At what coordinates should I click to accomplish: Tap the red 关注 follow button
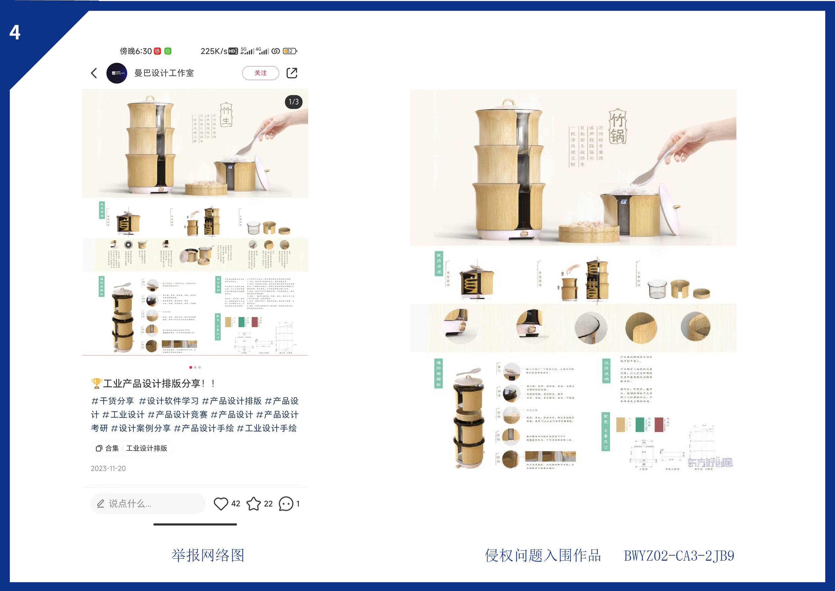pyautogui.click(x=260, y=73)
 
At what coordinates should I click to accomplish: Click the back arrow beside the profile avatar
pyautogui.click(x=94, y=73)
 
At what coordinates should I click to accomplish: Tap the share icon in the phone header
pyautogui.click(x=292, y=73)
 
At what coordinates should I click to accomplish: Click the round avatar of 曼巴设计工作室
pyautogui.click(x=117, y=73)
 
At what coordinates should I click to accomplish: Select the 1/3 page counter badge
pyautogui.click(x=294, y=102)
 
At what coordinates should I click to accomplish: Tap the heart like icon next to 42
pyautogui.click(x=221, y=504)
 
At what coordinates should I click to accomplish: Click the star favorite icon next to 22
pyautogui.click(x=254, y=504)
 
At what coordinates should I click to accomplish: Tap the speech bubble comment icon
pyautogui.click(x=286, y=504)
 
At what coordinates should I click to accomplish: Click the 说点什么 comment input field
pyautogui.click(x=147, y=504)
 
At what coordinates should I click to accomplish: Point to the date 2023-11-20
pyautogui.click(x=108, y=468)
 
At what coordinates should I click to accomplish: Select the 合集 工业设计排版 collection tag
pyautogui.click(x=132, y=448)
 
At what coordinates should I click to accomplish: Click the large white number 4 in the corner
pyautogui.click(x=15, y=32)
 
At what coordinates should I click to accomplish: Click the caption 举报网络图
pyautogui.click(x=208, y=555)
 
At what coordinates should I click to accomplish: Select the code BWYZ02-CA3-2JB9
pyautogui.click(x=679, y=556)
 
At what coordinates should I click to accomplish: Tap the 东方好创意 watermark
pyautogui.click(x=710, y=463)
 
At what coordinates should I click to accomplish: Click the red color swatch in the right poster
pyautogui.click(x=659, y=425)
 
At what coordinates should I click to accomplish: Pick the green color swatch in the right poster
pyautogui.click(x=640, y=425)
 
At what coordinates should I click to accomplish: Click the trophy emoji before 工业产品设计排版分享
pyautogui.click(x=96, y=383)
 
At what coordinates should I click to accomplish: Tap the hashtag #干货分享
pyautogui.click(x=112, y=401)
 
